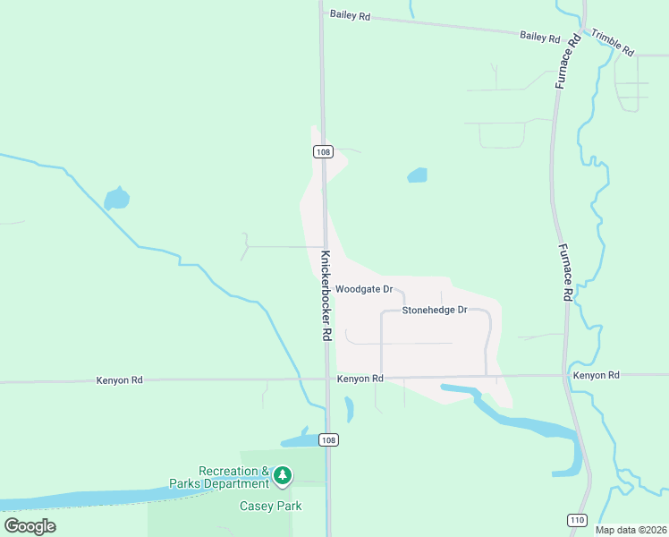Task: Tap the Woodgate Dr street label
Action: click(364, 290)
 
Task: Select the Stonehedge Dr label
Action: click(435, 311)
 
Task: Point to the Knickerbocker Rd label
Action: click(326, 294)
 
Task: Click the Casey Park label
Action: click(270, 507)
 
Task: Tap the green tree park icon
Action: click(283, 474)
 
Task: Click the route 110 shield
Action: click(577, 520)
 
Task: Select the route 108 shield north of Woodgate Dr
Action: click(324, 152)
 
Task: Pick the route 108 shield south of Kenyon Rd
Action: click(329, 439)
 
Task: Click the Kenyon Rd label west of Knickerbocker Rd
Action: click(119, 380)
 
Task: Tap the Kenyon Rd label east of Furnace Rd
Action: click(597, 376)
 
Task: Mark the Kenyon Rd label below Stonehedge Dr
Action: click(360, 379)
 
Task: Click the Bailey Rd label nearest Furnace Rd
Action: click(540, 38)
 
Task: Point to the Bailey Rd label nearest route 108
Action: click(350, 14)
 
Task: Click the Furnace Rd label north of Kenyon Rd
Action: click(566, 272)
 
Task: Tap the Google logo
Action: click(30, 526)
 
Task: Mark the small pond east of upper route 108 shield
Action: click(417, 175)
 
